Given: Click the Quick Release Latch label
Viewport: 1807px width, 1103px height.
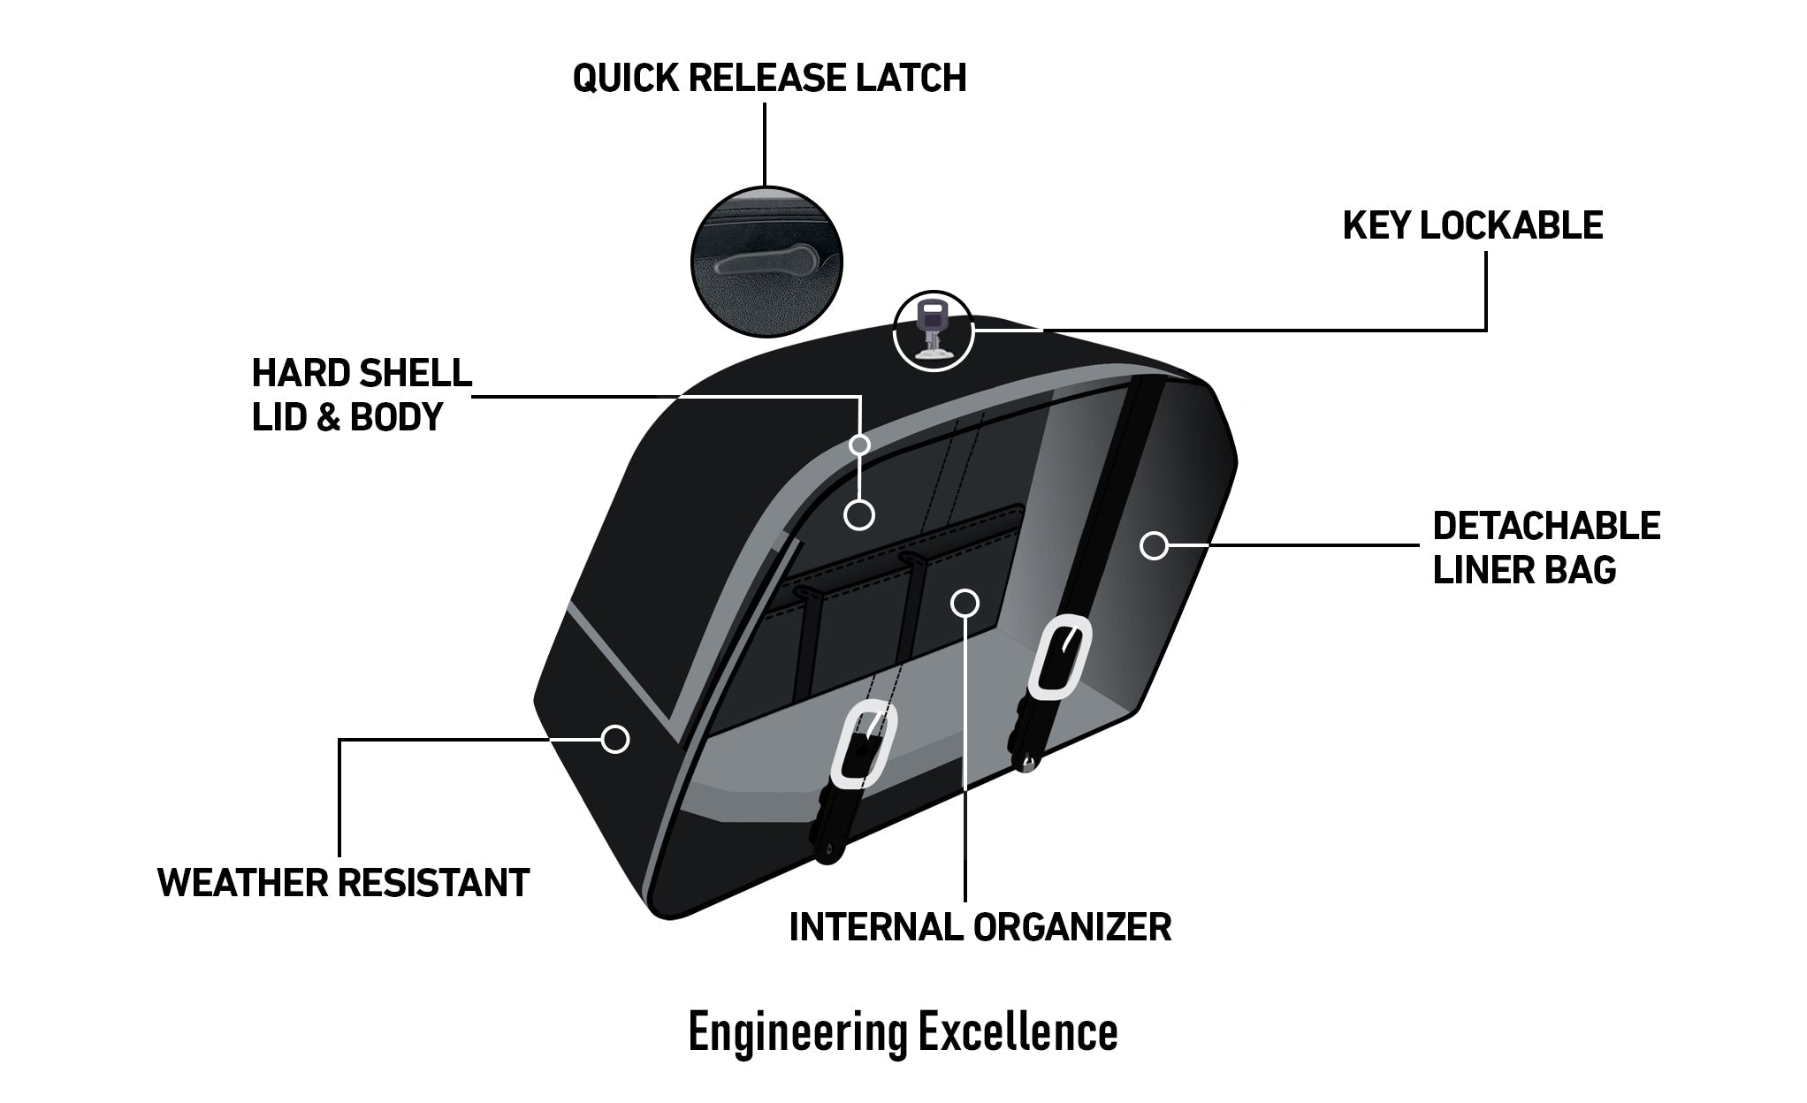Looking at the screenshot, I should click(x=769, y=78).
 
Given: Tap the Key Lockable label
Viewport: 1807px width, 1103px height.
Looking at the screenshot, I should click(x=1472, y=225).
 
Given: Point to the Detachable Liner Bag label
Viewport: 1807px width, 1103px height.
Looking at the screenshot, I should click(x=1546, y=548).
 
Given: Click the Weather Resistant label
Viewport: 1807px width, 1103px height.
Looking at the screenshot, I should click(x=343, y=882).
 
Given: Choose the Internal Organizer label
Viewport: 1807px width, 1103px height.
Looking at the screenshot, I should click(x=980, y=927).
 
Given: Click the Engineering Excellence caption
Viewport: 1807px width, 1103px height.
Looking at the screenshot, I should click(x=903, y=1031).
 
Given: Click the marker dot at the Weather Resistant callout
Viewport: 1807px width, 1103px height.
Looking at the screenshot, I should click(x=614, y=738).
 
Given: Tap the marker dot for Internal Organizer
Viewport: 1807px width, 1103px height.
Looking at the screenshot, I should click(x=964, y=603).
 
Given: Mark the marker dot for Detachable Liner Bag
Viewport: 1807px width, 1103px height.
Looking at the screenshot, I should click(x=1153, y=545).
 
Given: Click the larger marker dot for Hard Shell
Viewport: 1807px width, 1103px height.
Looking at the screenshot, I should click(x=859, y=514).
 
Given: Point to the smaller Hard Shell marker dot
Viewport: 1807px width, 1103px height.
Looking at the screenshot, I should click(x=859, y=444).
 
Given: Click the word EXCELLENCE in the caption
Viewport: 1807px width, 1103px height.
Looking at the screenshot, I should click(x=1018, y=1031).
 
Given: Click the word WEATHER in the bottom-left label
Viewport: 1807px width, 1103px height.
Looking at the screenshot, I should click(x=242, y=882).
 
